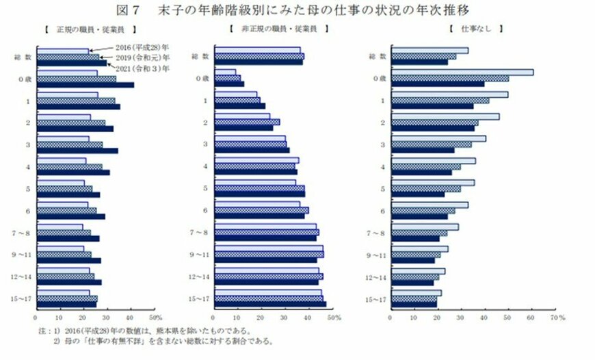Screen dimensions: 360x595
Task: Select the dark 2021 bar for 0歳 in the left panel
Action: pos(85,85)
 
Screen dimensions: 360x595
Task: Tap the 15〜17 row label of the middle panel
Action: pos(200,299)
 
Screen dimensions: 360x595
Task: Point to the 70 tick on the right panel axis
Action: pos(554,318)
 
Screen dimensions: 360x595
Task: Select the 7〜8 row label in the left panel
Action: pos(23,233)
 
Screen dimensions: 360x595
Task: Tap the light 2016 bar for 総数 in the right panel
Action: pos(430,50)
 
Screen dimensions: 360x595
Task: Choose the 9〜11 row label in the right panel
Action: pos(378,255)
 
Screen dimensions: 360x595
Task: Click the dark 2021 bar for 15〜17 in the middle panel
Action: pos(270,304)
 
